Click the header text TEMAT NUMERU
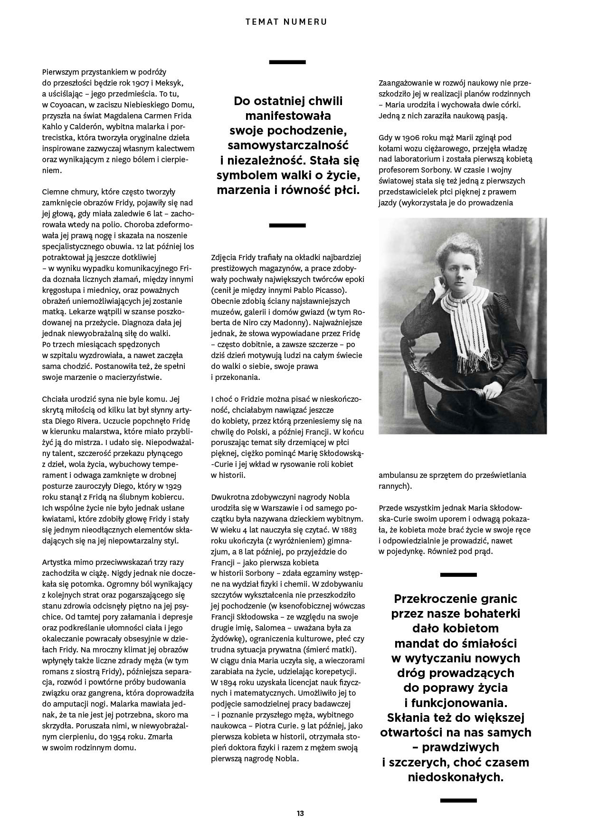point(286,21)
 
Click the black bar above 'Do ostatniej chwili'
point(287,62)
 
